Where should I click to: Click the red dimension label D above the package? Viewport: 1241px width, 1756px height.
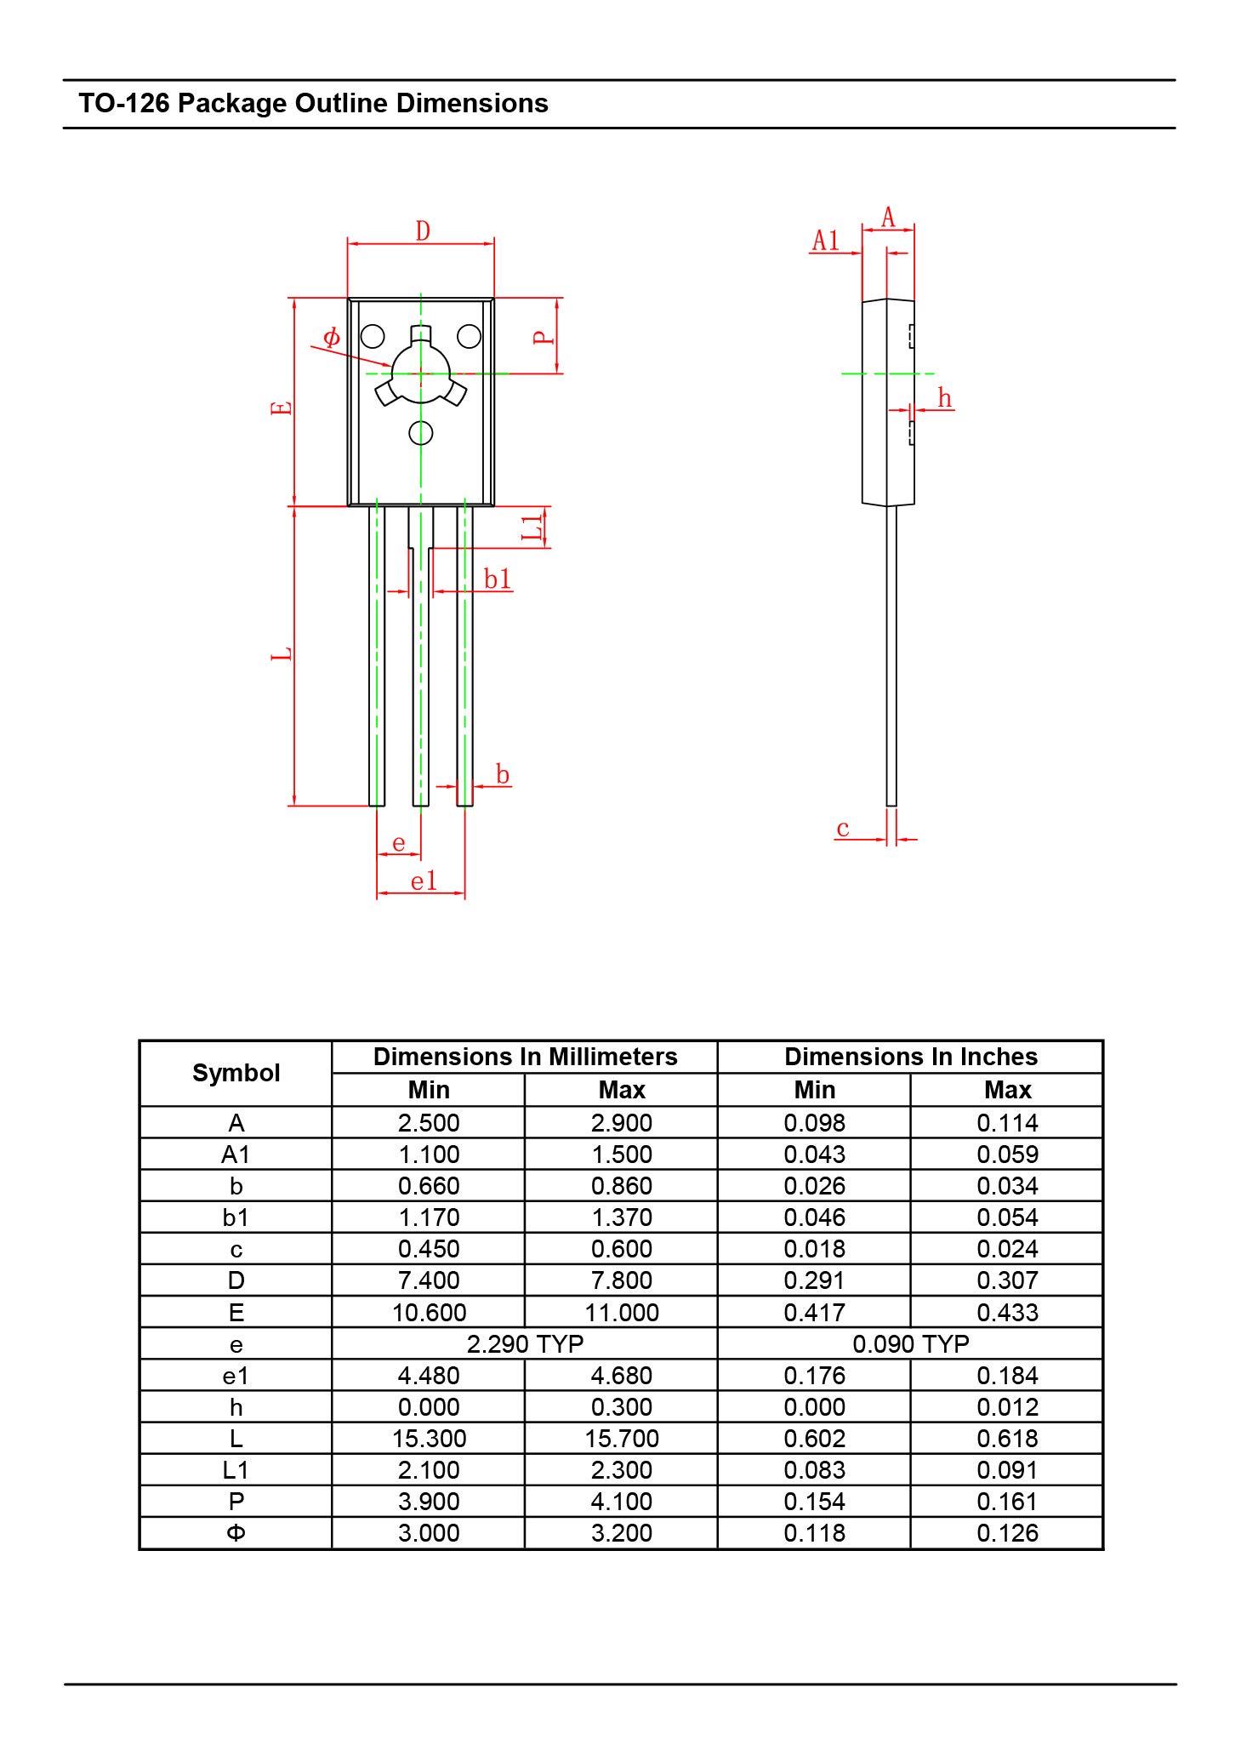(423, 231)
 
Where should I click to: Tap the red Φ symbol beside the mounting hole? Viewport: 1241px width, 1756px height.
(332, 338)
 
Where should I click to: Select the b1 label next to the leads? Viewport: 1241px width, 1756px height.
(498, 579)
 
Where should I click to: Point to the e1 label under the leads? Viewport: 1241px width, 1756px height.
(424, 881)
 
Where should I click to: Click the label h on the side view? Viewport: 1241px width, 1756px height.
(944, 398)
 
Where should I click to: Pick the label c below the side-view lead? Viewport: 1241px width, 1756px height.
(843, 829)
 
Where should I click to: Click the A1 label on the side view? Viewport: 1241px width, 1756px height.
(826, 241)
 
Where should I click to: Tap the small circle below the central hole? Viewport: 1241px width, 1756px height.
(421, 433)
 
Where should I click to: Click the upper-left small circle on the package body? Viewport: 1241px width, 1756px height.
(373, 337)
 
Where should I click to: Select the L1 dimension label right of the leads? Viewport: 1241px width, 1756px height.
(532, 527)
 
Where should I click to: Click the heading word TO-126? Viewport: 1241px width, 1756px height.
(124, 104)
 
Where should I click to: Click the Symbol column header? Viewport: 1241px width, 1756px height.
(236, 1073)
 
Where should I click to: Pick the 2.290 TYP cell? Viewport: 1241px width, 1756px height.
(525, 1344)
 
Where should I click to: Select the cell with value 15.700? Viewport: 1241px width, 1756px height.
(622, 1439)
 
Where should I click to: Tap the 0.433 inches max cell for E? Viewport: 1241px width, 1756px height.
(1007, 1313)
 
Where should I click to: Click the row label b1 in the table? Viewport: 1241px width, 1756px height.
(236, 1217)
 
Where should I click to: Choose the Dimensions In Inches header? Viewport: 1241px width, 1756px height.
(910, 1057)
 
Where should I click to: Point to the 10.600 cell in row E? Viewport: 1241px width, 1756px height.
(429, 1313)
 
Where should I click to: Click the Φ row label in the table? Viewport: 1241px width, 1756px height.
(236, 1533)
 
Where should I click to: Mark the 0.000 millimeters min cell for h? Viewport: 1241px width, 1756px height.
(429, 1407)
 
